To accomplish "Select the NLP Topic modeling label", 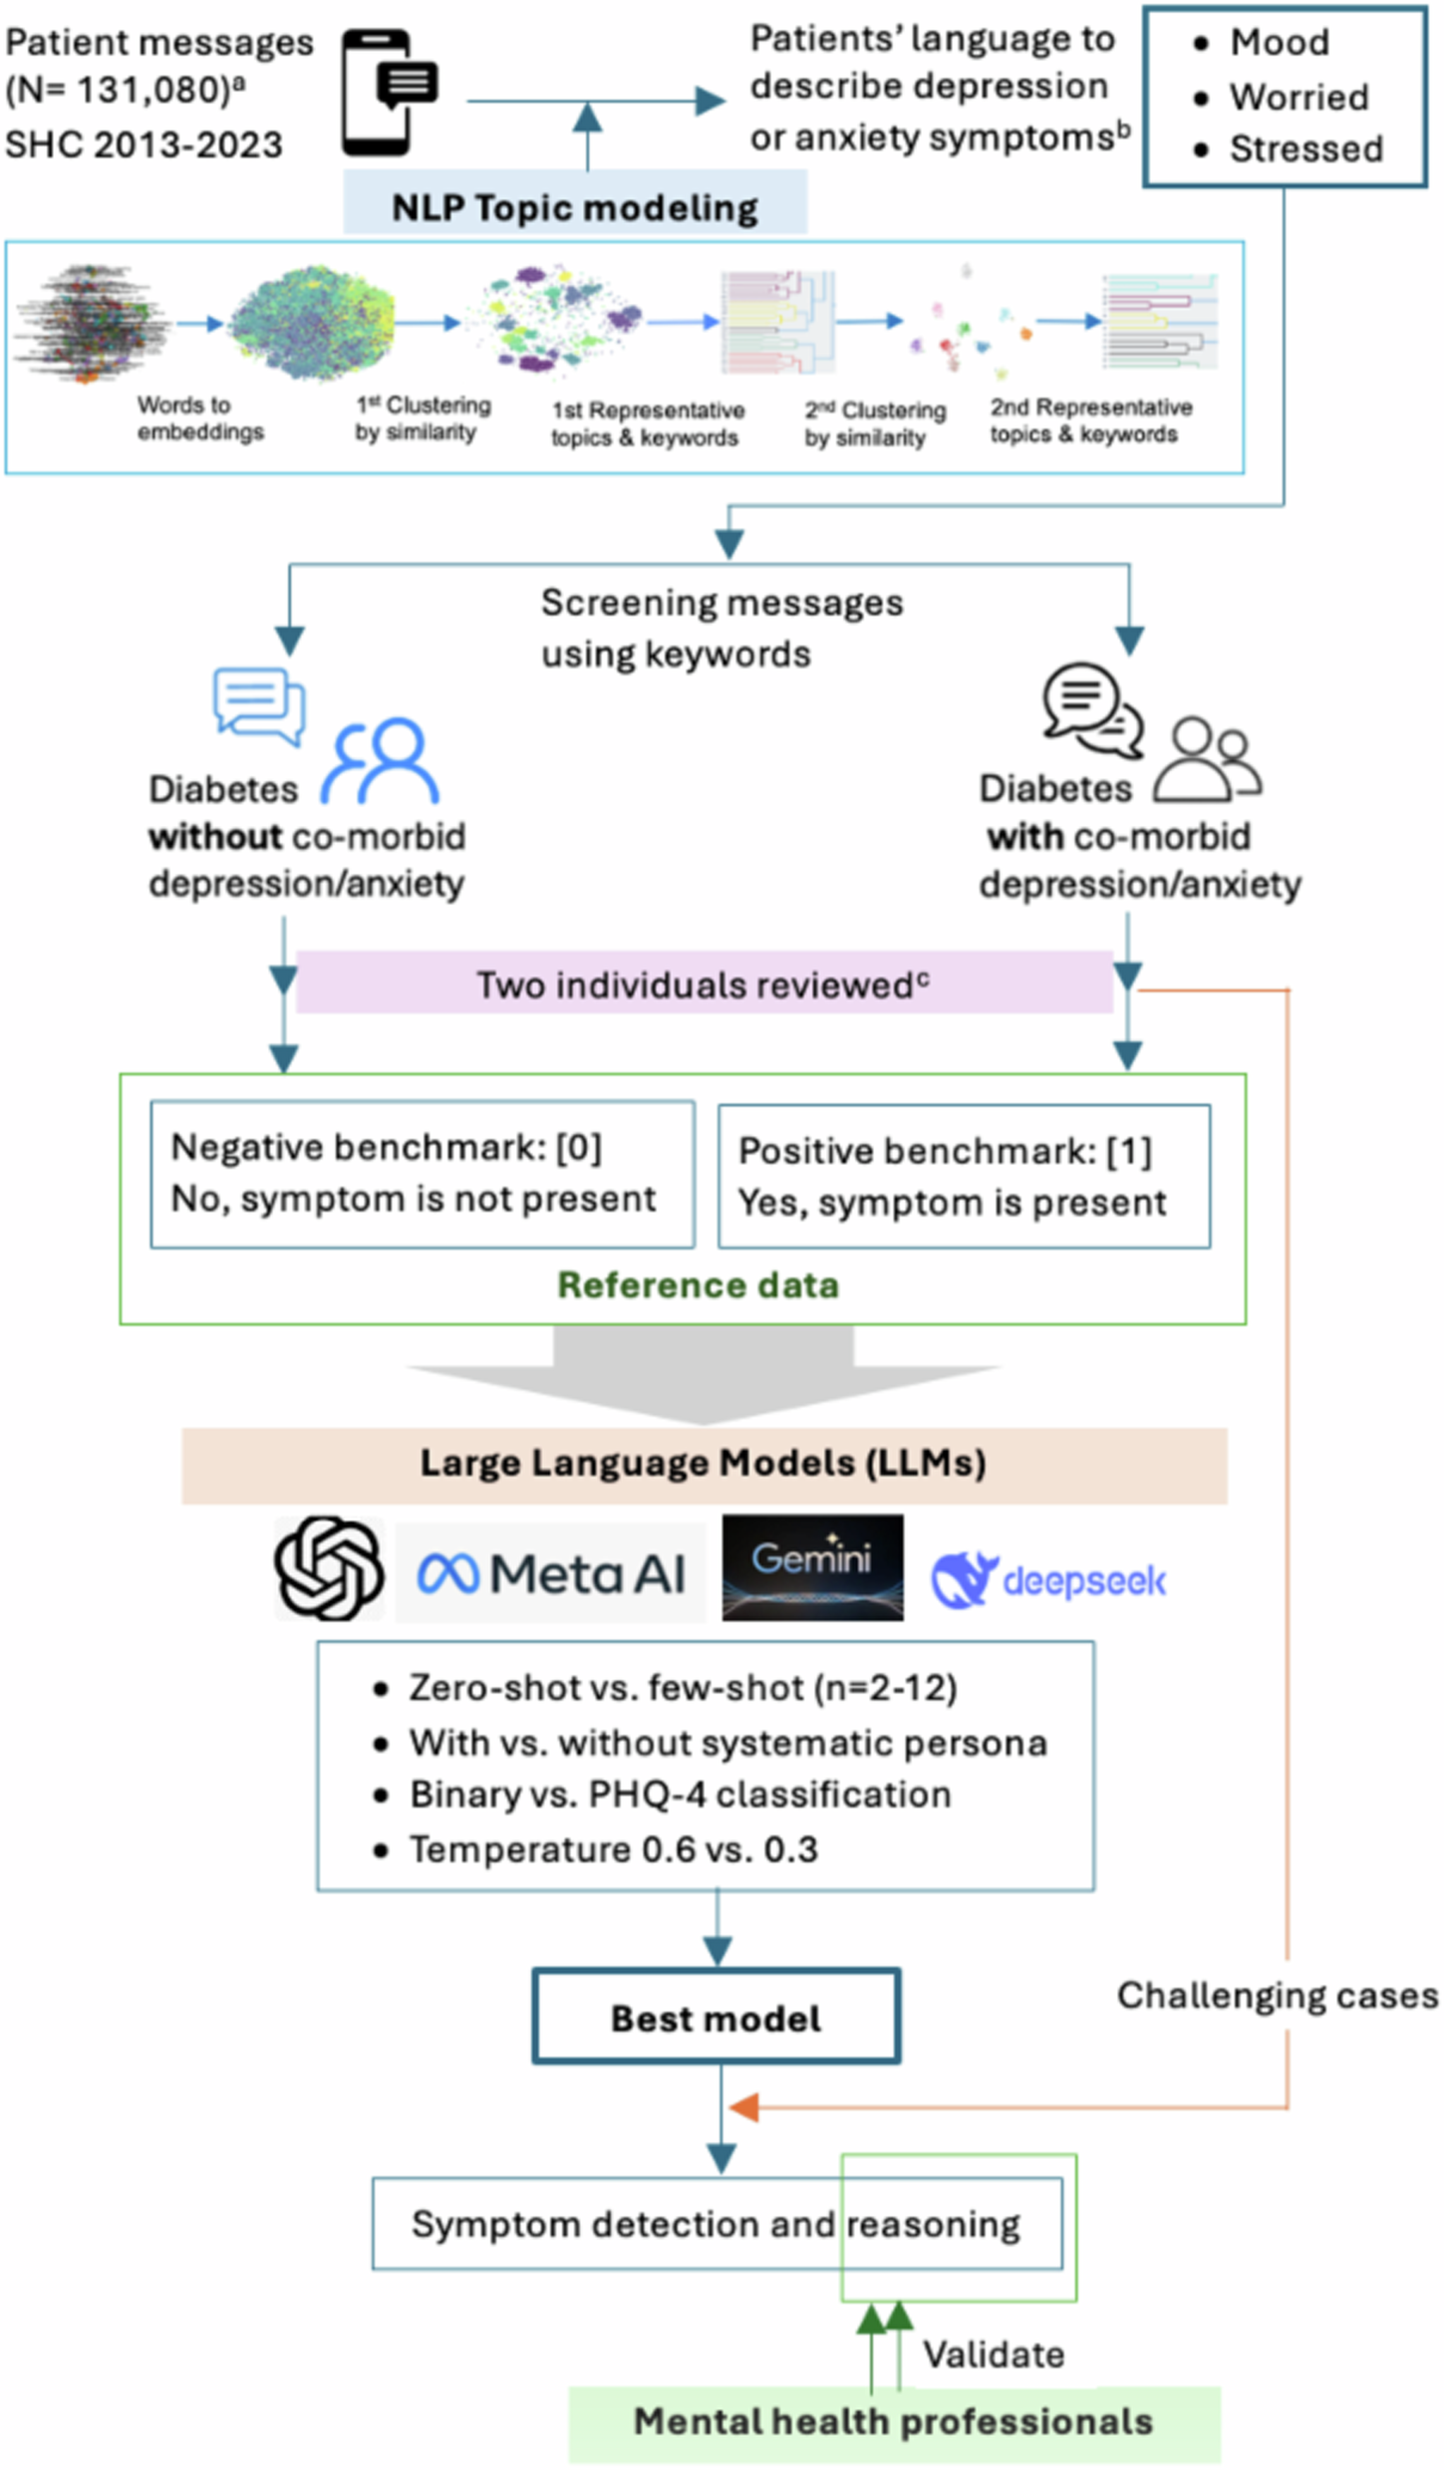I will (x=575, y=207).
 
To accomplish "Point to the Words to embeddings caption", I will (x=199, y=418).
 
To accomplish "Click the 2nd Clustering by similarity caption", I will (x=874, y=423).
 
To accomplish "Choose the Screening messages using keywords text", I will (x=721, y=629).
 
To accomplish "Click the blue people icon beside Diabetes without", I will (x=380, y=761).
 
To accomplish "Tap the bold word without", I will (x=215, y=836).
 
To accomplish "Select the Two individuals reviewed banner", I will (x=703, y=984).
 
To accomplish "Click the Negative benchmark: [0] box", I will (x=422, y=1174).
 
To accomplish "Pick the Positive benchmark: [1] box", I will (x=964, y=1177).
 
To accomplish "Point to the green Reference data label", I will (x=698, y=1285).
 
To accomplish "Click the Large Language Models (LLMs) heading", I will (x=703, y=1463).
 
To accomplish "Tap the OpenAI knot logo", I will (x=329, y=1568).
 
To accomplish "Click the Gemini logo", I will (x=812, y=1567).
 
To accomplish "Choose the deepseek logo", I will (x=1048, y=1580).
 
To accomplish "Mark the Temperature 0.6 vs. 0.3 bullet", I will (x=613, y=1849).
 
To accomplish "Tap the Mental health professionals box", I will (x=894, y=2422).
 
